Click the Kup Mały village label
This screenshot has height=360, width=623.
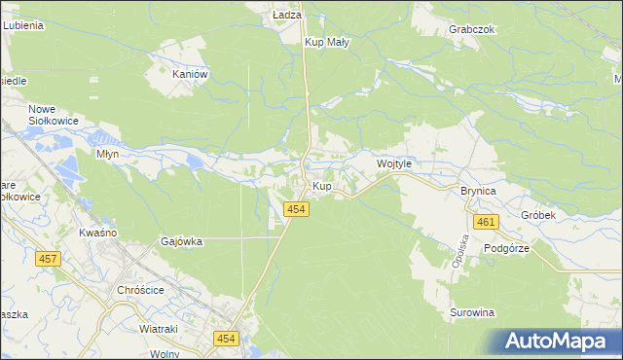326,43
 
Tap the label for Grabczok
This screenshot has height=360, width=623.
473,29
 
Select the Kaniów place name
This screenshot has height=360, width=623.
190,73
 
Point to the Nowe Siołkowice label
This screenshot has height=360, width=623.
53,115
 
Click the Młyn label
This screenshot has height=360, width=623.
107,154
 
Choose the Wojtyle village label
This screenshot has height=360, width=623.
395,164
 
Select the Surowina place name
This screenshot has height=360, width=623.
473,312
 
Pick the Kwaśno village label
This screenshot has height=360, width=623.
97,234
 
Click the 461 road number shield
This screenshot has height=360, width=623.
487,223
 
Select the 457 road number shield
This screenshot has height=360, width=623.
47,259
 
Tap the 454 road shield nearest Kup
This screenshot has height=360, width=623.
298,209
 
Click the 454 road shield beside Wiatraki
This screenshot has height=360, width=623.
227,338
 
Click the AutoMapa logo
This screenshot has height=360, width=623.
556,341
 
